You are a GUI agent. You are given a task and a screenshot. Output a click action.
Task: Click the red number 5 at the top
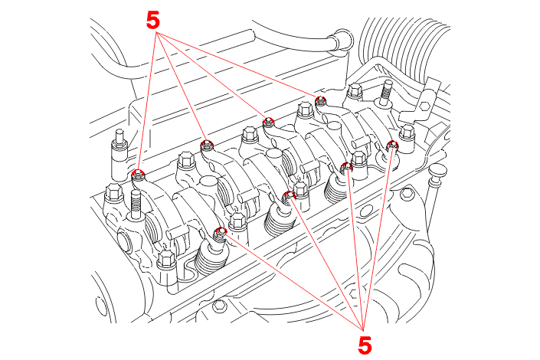point(153,20)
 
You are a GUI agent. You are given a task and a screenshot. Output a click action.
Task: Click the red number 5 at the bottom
point(365,345)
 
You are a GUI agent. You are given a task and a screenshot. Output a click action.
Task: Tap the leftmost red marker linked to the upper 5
point(139,174)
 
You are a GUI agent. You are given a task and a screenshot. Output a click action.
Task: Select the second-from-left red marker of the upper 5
point(207,145)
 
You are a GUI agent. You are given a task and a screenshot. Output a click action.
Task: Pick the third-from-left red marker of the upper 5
point(268,121)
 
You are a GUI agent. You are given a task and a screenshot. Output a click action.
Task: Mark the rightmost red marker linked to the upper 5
point(321,100)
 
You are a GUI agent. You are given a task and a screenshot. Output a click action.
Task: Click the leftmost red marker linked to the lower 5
point(221,232)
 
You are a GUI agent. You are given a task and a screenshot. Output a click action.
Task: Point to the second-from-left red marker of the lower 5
point(289,195)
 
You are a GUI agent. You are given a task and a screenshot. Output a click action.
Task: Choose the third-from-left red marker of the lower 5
point(346,167)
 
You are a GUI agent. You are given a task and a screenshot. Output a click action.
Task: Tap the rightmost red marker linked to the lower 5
point(394,146)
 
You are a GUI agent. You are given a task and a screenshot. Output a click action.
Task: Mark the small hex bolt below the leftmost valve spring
point(220,306)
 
